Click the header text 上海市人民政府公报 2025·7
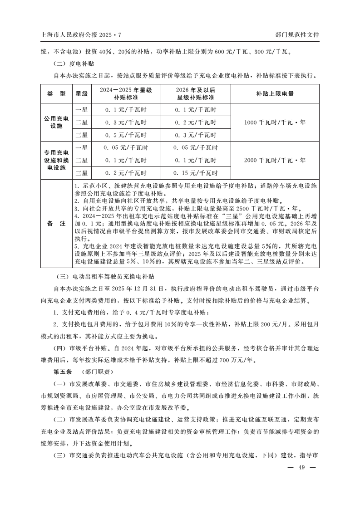point(81,35)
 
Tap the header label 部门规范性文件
point(297,35)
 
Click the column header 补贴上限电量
point(275,94)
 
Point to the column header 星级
point(82,94)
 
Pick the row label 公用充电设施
point(56,122)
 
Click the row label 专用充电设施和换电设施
point(56,160)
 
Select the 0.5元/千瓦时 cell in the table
point(126,135)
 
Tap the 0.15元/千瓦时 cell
point(196,173)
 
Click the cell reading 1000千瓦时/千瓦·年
point(275,122)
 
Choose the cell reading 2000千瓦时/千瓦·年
point(275,160)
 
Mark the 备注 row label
point(56,224)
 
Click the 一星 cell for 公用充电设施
point(82,109)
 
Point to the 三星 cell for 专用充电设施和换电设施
point(82,173)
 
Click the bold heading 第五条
point(63,372)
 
